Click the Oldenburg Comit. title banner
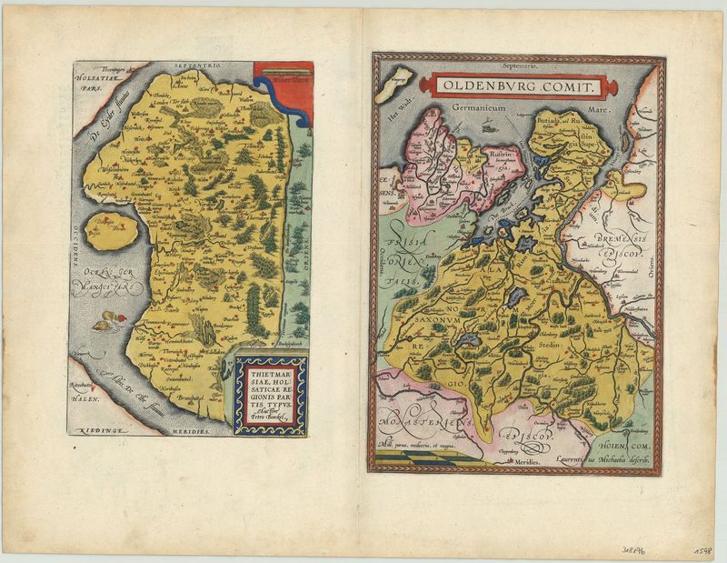[517, 87]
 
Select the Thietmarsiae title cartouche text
[270, 392]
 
